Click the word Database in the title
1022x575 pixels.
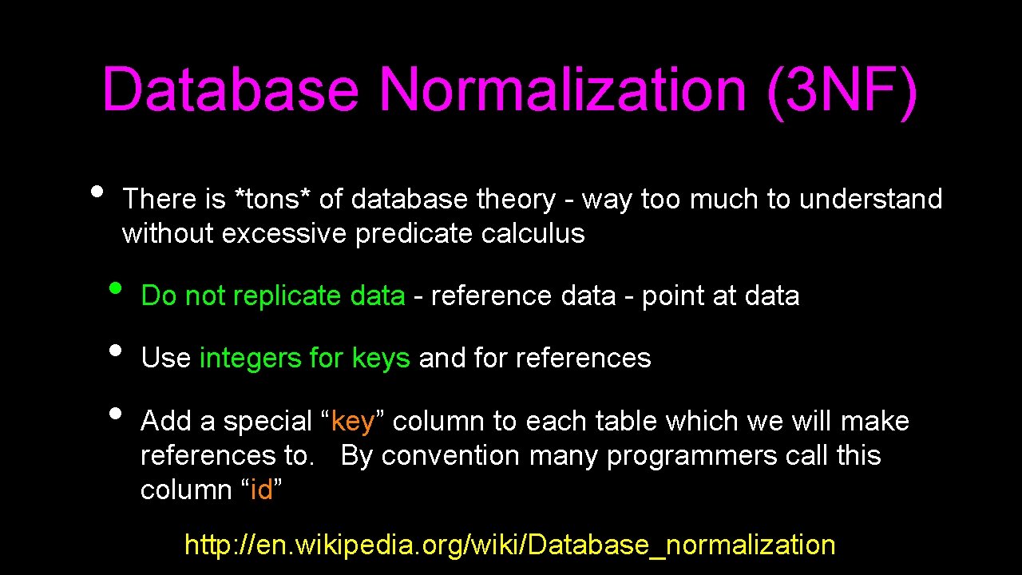coord(230,89)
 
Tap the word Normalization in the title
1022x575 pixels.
coord(563,89)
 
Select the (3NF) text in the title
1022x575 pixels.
coord(842,91)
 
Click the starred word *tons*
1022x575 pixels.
coord(271,199)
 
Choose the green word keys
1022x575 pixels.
coord(381,359)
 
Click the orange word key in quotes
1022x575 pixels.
coord(353,422)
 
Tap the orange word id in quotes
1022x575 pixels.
coord(262,490)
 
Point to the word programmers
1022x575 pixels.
coord(691,456)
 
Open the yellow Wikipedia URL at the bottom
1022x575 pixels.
coord(509,545)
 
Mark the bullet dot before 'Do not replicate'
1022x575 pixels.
coord(116,287)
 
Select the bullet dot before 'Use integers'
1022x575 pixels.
coord(116,350)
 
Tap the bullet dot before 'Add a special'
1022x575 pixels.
coord(116,413)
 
